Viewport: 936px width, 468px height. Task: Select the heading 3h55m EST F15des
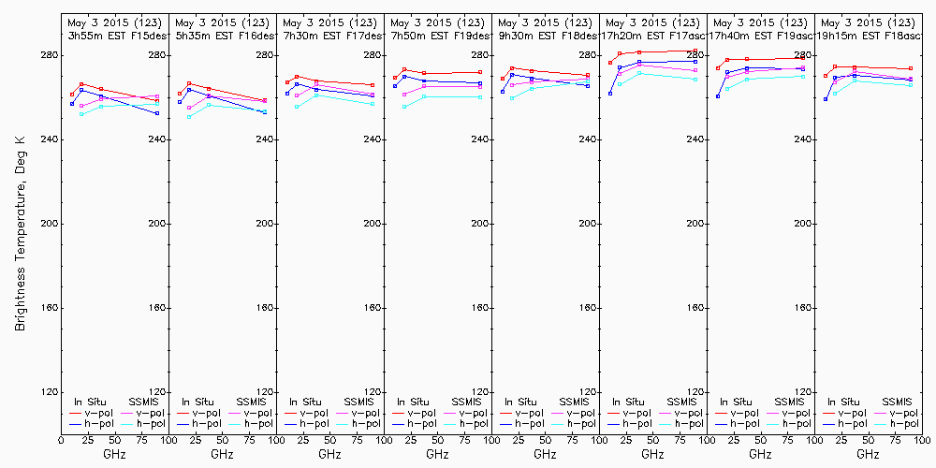point(112,35)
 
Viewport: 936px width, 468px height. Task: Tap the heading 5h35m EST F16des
point(220,35)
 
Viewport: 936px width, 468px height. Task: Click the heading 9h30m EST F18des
point(543,35)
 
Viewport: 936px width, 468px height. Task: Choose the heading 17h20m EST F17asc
point(651,35)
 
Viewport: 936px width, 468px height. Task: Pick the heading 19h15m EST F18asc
point(866,35)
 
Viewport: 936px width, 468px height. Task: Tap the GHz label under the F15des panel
point(114,454)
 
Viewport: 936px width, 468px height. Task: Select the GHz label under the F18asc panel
point(868,454)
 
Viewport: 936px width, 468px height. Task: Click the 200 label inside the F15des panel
point(157,224)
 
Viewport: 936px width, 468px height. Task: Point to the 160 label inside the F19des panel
point(480,308)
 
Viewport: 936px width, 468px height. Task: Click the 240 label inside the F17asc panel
point(695,139)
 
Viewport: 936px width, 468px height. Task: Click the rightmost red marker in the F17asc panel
point(695,51)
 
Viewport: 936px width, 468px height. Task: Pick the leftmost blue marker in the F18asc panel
point(826,98)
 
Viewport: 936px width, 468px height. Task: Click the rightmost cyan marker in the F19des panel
point(480,96)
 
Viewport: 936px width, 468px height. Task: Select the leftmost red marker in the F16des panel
point(180,93)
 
